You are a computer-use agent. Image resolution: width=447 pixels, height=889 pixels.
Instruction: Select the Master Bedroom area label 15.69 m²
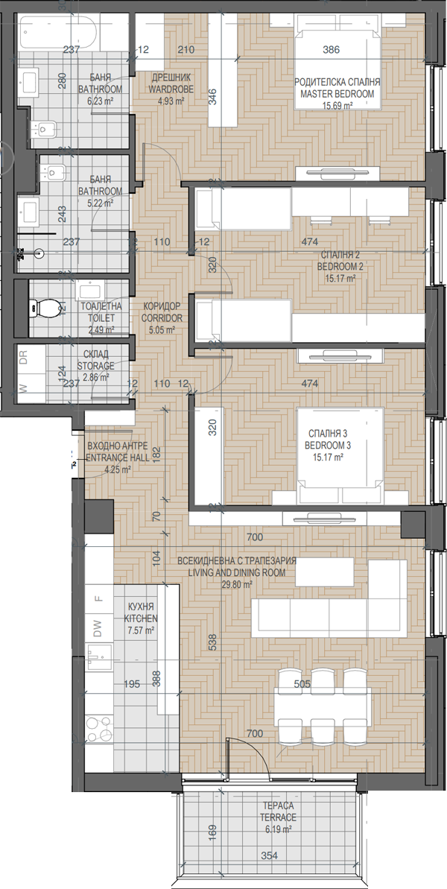tap(337, 106)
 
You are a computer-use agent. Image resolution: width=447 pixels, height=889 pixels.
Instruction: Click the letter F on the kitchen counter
tap(98, 598)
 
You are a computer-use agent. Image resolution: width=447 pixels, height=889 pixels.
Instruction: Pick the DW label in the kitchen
tap(98, 626)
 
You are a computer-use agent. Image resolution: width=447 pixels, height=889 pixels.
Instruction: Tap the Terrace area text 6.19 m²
tap(278, 829)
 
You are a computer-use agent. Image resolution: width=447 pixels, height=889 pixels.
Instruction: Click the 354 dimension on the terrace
tap(270, 856)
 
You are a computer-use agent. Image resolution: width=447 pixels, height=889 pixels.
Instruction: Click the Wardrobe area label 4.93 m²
tap(171, 101)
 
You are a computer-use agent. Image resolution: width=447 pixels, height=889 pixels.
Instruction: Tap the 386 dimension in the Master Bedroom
tap(331, 50)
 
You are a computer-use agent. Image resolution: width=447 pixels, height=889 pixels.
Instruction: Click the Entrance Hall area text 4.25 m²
tap(117, 469)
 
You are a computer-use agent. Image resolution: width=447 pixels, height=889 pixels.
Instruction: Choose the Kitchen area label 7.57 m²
tap(141, 630)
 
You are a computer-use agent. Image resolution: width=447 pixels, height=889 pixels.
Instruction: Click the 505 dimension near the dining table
tap(302, 684)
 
